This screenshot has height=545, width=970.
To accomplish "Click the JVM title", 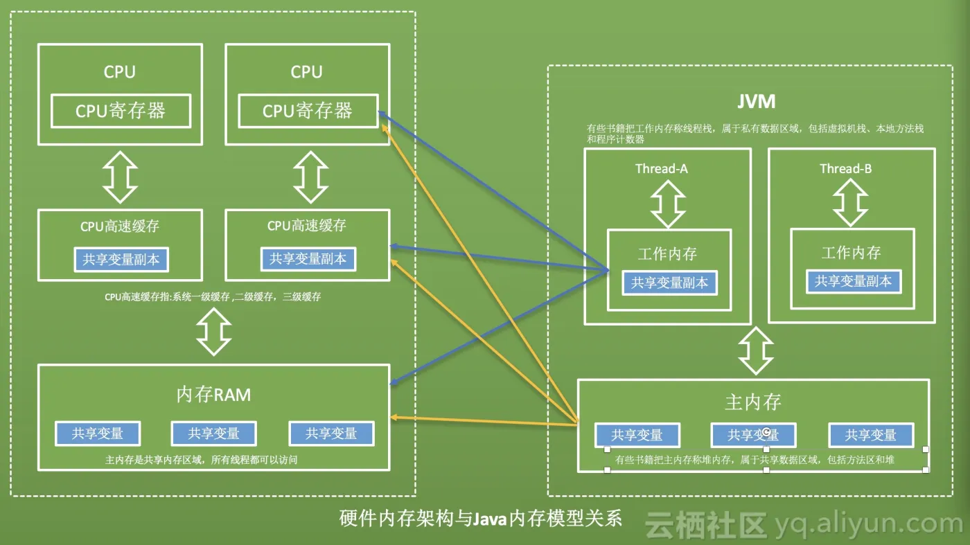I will (756, 102).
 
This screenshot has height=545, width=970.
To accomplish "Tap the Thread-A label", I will (662, 169).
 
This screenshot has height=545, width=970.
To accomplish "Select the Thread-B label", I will (845, 169).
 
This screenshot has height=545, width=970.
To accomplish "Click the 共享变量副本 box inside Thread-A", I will (669, 283).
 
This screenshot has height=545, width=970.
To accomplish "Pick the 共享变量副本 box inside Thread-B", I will (853, 281).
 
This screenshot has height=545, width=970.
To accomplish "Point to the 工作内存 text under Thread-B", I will (851, 253).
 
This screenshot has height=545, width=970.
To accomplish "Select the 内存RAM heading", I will (213, 395).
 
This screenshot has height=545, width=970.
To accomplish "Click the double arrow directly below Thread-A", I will (668, 204).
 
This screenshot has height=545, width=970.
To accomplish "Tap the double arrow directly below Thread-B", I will (850, 204).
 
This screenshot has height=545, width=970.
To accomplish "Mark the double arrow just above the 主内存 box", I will (755, 351).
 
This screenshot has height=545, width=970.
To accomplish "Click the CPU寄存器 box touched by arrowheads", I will (308, 111).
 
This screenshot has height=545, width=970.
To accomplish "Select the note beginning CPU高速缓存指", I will (213, 296).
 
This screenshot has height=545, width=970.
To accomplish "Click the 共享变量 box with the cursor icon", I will (753, 435).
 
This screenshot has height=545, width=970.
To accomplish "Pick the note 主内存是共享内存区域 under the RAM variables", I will (201, 459).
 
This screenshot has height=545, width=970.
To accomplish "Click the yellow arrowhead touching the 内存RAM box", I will (394, 418).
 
